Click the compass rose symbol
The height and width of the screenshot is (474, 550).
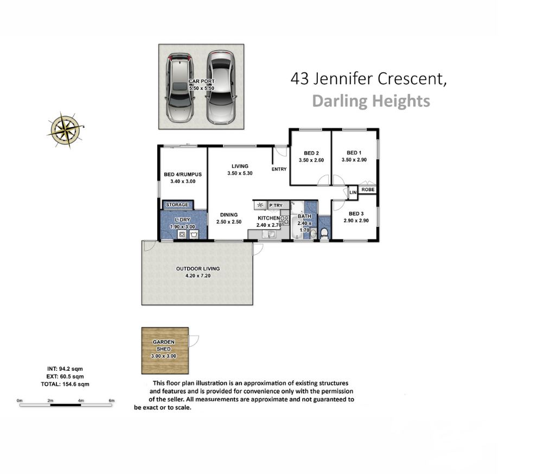66,130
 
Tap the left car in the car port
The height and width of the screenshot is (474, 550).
180,88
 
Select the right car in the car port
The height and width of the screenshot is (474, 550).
221,87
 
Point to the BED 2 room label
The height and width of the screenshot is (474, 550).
311,153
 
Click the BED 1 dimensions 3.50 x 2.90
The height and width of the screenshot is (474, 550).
354,160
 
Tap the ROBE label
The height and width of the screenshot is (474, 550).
368,189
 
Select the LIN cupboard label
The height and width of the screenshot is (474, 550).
353,192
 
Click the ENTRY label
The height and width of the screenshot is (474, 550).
279,169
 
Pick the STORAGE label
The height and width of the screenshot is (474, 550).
177,205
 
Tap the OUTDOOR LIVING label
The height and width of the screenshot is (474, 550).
198,269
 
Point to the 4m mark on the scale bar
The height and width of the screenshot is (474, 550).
81,401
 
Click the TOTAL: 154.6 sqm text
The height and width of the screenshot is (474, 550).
65,384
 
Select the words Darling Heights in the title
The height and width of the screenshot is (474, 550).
371,101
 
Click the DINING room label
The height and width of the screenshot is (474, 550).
229,215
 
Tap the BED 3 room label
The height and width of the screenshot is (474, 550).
356,213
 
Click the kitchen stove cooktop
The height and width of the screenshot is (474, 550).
284,220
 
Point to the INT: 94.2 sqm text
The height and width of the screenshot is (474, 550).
65,369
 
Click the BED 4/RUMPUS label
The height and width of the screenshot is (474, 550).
183,174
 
